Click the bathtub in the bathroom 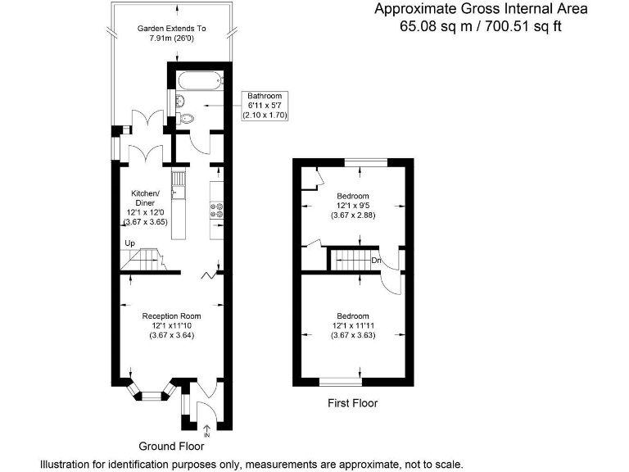(200, 80)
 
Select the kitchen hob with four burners (217, 211)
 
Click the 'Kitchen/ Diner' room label (145, 197)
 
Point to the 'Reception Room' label (171, 316)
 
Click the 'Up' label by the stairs (129, 243)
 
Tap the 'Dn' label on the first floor (376, 261)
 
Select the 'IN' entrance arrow (207, 431)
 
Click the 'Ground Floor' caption (171, 446)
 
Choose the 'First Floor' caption (353, 403)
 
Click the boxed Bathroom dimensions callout (265, 106)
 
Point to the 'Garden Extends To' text (172, 29)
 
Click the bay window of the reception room (152, 393)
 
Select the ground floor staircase (143, 259)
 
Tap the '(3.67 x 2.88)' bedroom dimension (353, 216)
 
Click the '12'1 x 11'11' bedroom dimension (353, 325)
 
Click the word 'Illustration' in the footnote (64, 465)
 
